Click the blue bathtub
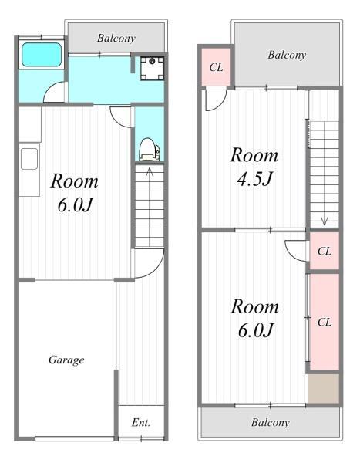[x=42, y=55]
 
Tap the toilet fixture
[x=150, y=150]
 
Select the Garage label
[x=66, y=360]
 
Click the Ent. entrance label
[x=141, y=423]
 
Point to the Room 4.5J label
[x=254, y=167]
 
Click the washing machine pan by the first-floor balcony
[x=152, y=69]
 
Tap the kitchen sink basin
[x=29, y=159]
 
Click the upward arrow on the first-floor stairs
[x=150, y=207]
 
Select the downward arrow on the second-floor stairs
[x=325, y=174]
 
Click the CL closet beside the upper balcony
[x=216, y=67]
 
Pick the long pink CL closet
[x=325, y=322]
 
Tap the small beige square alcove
[x=324, y=388]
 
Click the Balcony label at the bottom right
[x=271, y=423]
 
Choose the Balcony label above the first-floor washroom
[x=116, y=38]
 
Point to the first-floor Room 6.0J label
[x=74, y=193]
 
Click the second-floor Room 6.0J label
[x=254, y=318]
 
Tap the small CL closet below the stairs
[x=325, y=251]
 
